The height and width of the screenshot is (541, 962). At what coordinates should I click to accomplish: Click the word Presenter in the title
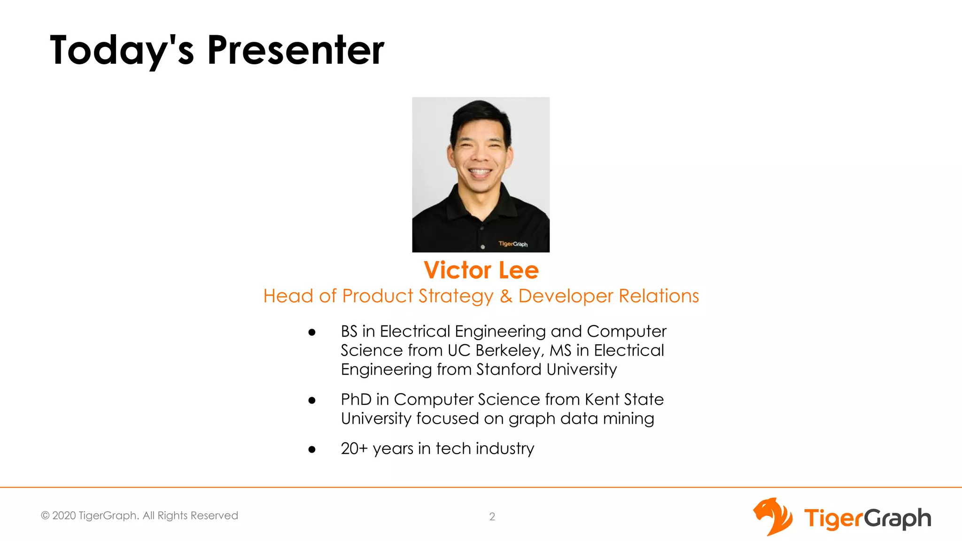295,50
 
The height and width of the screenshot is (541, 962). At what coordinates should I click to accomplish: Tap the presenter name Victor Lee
481,270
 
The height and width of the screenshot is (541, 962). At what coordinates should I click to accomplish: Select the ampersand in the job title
506,296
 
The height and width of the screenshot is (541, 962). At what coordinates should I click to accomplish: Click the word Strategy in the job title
456,296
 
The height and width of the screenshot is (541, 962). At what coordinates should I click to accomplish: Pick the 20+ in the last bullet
354,448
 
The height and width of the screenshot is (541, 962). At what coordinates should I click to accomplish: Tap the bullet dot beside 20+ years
312,450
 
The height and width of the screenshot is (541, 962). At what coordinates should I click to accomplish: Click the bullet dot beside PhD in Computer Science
312,401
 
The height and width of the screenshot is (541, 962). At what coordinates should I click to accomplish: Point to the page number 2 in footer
492,517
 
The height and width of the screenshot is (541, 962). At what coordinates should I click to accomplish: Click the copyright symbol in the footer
45,516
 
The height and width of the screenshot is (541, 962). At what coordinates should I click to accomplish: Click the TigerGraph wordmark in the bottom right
867,518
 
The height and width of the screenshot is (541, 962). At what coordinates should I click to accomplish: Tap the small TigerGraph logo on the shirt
513,244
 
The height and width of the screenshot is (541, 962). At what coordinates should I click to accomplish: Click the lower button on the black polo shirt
483,247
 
